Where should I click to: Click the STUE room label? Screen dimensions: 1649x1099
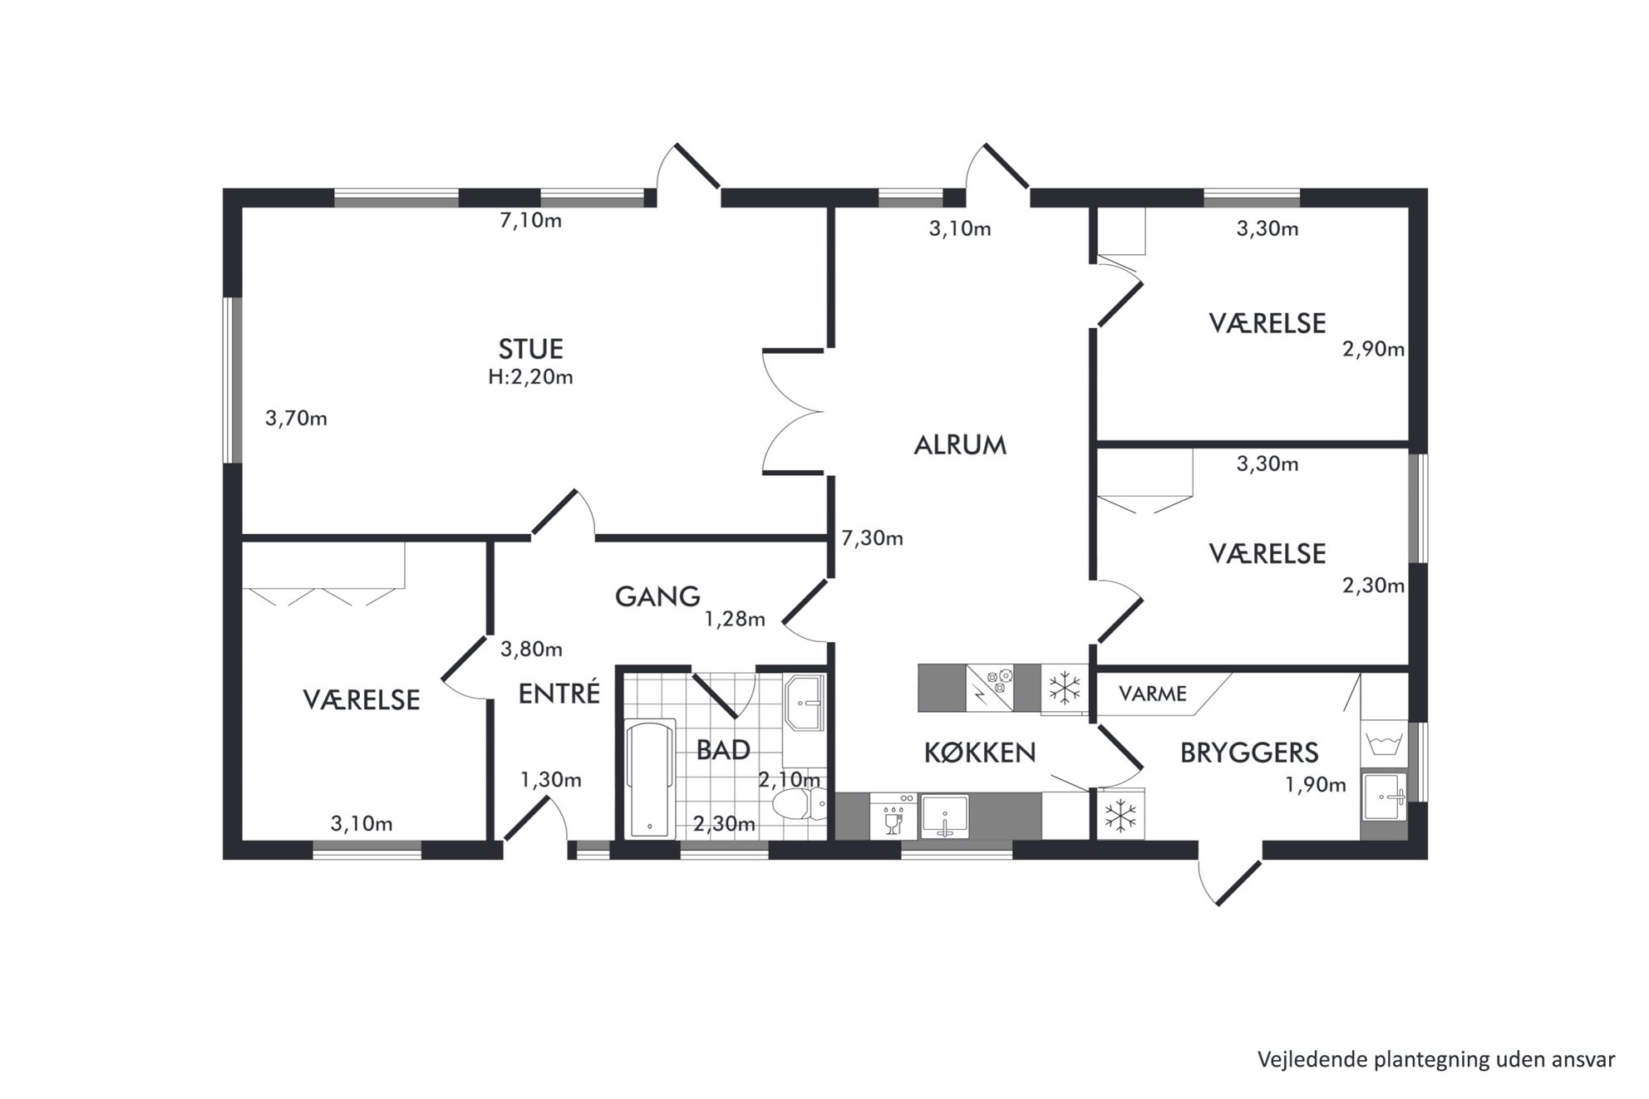pyautogui.click(x=530, y=348)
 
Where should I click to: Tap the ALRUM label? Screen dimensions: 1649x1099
pyautogui.click(x=960, y=445)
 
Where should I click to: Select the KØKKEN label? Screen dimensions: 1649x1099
pyautogui.click(x=980, y=753)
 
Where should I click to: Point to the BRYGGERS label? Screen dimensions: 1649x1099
pyautogui.click(x=1249, y=753)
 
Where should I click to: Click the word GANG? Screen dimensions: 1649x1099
pyautogui.click(x=657, y=596)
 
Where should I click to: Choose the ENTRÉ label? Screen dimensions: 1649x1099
pyautogui.click(x=559, y=693)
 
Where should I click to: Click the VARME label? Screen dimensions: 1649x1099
pyautogui.click(x=1152, y=693)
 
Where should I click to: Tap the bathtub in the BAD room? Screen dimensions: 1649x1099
pyautogui.click(x=650, y=779)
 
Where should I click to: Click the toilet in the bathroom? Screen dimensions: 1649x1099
pyautogui.click(x=799, y=804)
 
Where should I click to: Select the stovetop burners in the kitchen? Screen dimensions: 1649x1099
pyautogui.click(x=991, y=687)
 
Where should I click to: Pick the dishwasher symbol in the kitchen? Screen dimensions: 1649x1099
pyautogui.click(x=893, y=816)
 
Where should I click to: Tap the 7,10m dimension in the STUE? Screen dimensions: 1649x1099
pyautogui.click(x=530, y=221)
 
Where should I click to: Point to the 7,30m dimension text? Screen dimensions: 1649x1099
pyautogui.click(x=872, y=538)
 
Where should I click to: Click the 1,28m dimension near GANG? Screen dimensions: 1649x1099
pyautogui.click(x=735, y=619)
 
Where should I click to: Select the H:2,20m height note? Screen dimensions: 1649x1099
pyautogui.click(x=530, y=377)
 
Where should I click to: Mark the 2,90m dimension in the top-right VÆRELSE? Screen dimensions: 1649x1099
pyautogui.click(x=1373, y=349)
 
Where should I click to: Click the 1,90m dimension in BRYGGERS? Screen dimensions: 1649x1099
pyautogui.click(x=1316, y=784)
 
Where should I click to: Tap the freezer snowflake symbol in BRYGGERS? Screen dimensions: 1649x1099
pyautogui.click(x=1120, y=815)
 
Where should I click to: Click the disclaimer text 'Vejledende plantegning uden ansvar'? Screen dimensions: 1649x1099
pyautogui.click(x=1436, y=1060)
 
